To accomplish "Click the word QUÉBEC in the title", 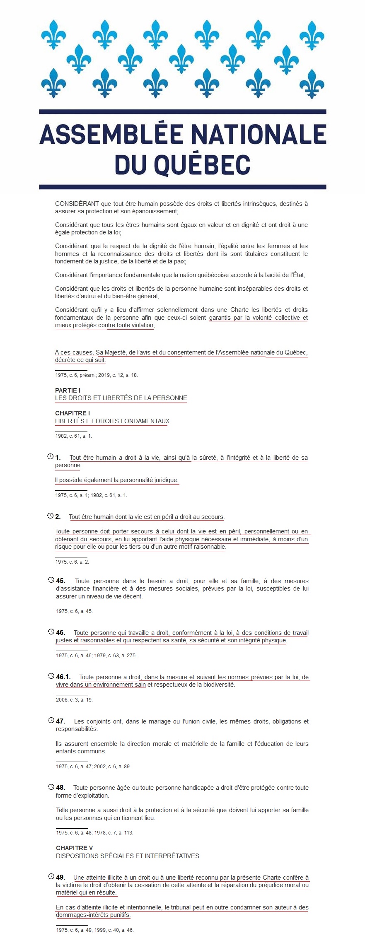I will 202,164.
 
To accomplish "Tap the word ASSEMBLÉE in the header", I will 111,134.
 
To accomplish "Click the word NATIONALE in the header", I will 258,134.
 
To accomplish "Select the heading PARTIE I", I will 68,390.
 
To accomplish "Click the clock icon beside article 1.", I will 51,457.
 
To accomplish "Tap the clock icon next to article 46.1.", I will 51,676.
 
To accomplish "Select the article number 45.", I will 60,581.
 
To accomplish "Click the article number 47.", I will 60,721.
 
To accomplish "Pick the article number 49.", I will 60,877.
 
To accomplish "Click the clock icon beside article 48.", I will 51,787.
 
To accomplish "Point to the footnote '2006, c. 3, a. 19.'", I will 74,699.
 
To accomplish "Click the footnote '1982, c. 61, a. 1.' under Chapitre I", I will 73,436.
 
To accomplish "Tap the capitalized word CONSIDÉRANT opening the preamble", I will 77,204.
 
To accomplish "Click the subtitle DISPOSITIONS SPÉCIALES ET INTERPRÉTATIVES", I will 128,856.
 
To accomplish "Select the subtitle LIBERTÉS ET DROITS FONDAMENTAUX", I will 112,421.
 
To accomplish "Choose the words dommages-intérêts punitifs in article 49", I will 93,915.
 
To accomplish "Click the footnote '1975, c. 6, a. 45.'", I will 74,611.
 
